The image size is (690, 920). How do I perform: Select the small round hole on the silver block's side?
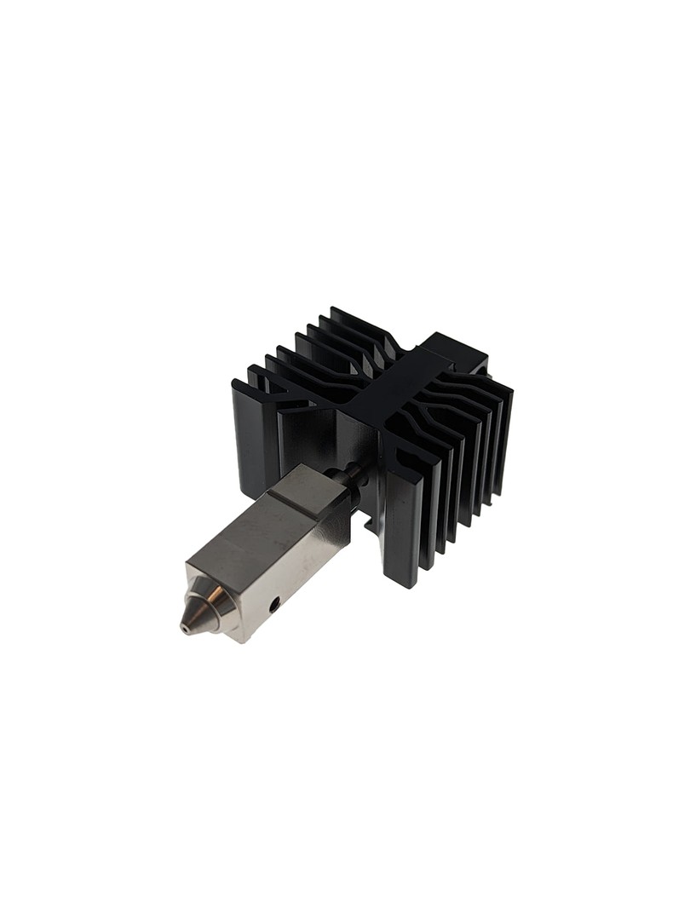click(273, 607)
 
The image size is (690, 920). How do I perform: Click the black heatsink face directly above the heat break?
click(358, 434)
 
